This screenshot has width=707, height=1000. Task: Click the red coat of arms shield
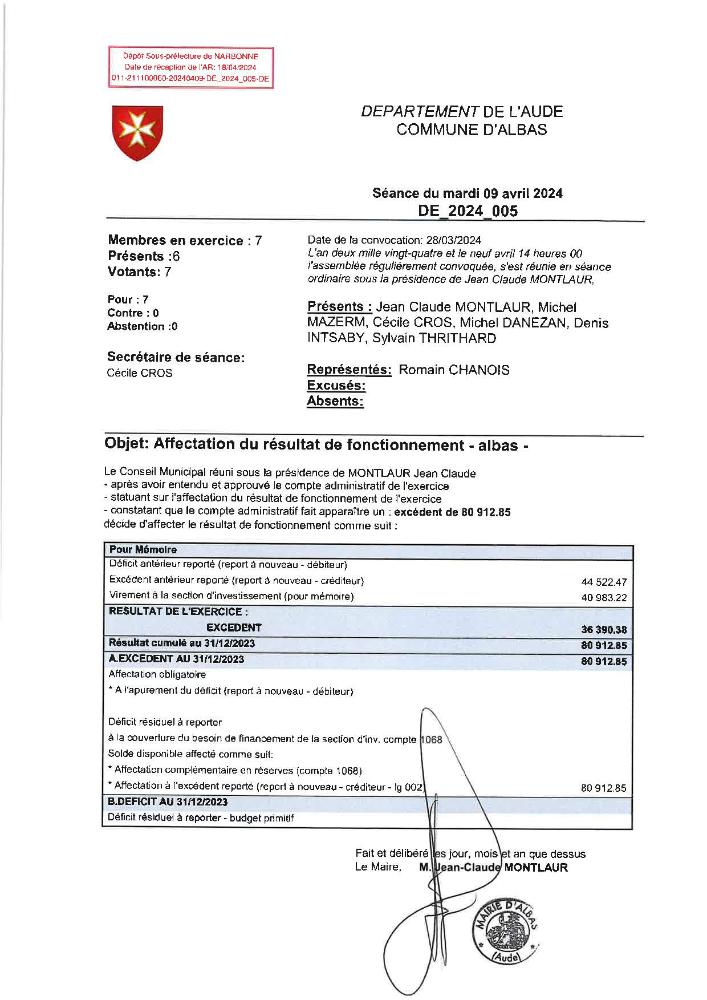137,132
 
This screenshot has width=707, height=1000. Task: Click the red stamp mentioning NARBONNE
190,67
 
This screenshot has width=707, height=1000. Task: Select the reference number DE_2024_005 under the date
468,211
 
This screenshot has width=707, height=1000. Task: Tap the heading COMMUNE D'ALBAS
472,129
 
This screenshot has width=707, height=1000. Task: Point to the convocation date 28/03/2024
453,240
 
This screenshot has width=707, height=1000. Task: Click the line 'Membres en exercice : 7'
185,241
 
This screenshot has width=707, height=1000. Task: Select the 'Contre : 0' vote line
133,313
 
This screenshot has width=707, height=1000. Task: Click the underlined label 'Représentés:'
349,370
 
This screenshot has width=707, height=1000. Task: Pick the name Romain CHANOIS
454,370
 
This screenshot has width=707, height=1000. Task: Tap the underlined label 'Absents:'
335,401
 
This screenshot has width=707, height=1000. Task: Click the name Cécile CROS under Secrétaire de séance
139,373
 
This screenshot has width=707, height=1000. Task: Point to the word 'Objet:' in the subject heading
127,444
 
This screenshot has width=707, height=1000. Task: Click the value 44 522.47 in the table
604,582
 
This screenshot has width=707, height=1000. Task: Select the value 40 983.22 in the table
604,598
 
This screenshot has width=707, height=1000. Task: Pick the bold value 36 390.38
604,630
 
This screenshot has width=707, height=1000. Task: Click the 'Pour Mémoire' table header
143,550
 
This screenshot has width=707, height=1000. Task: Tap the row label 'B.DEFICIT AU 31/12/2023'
168,802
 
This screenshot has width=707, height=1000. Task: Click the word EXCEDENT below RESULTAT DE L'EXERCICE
234,628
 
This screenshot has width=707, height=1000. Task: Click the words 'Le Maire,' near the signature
378,867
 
